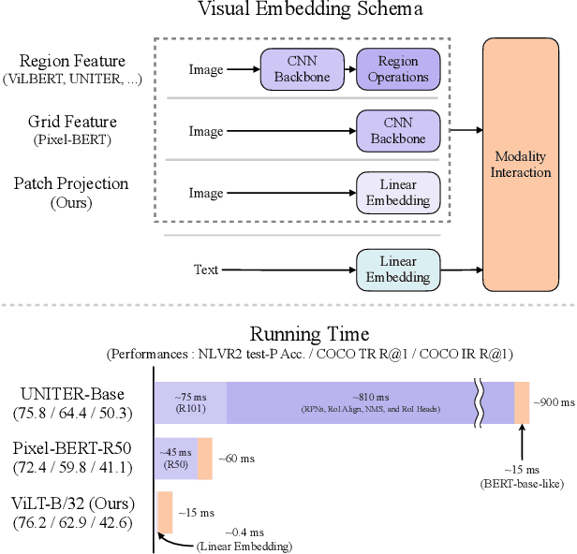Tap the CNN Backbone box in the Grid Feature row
point(397,130)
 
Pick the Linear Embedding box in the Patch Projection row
point(397,191)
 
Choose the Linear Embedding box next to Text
point(397,270)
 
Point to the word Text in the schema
point(205,270)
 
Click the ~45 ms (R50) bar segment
point(176,459)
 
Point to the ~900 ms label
point(554,402)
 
